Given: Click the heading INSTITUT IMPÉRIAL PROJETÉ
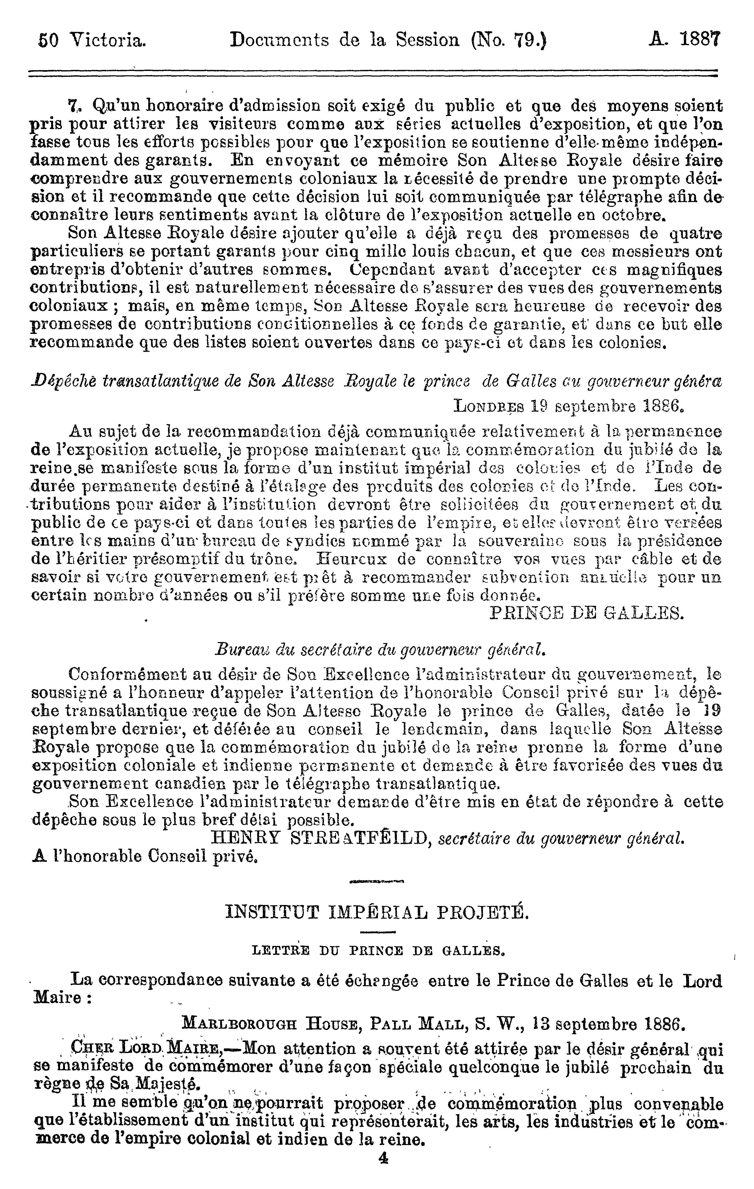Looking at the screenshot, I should (377, 911).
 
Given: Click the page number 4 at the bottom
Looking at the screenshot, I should (383, 1171).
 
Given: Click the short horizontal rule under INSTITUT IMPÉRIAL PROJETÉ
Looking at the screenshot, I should (378, 932).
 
